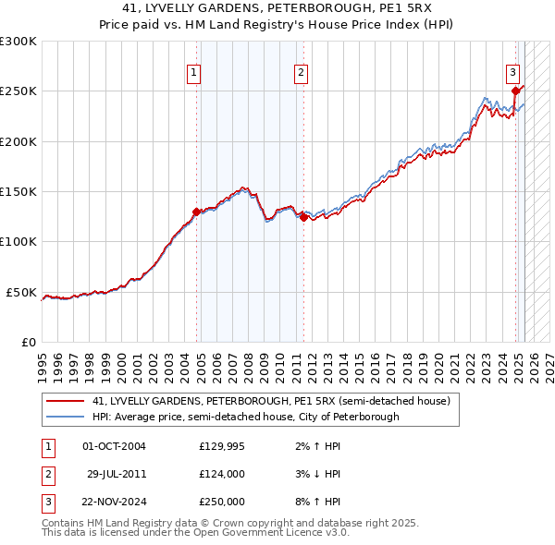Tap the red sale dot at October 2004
point(196,212)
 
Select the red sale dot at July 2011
point(303,218)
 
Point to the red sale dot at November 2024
point(515,91)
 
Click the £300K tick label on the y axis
point(18,42)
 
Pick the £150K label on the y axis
point(18,192)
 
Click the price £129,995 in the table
point(222,446)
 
